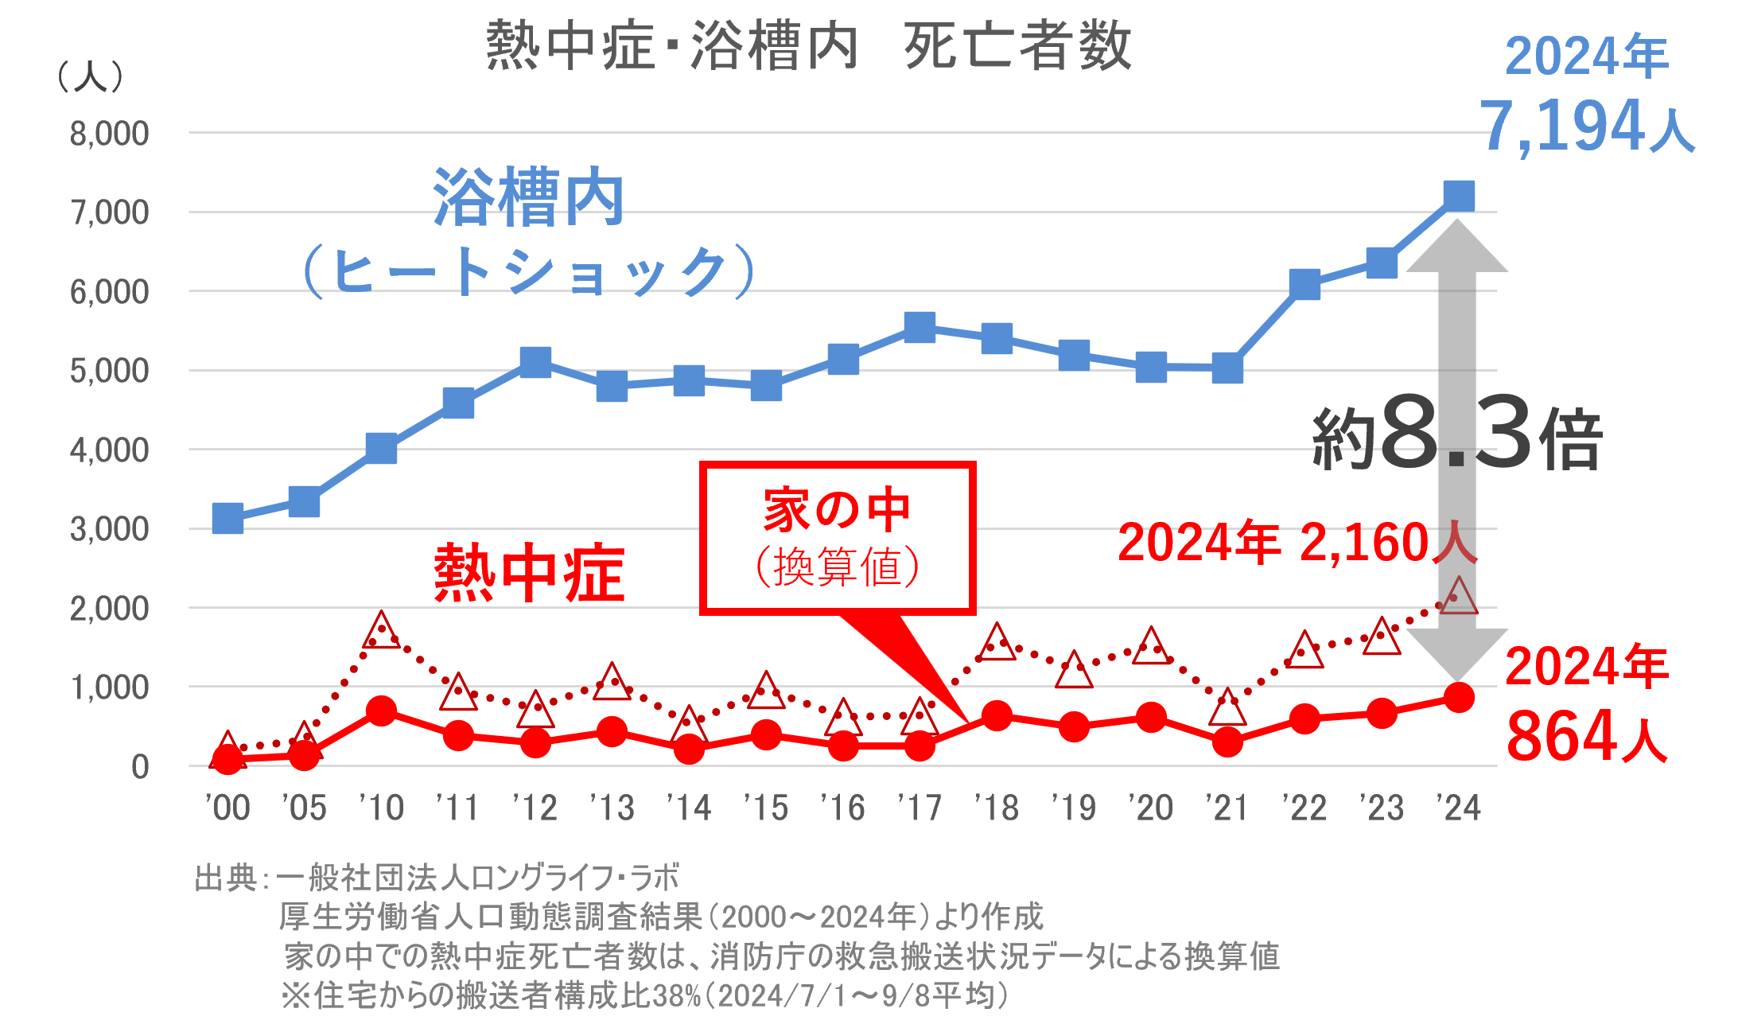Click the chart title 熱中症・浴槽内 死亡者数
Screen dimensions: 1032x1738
808,45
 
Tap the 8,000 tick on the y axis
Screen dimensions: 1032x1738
109,134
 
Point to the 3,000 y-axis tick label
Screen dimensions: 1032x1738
109,529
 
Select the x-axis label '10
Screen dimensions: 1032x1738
381,808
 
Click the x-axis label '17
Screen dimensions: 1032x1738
920,808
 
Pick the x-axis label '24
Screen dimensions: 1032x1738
1458,808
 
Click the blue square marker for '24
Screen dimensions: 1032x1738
1458,196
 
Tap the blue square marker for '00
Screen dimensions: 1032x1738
227,519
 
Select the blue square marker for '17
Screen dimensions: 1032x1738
920,327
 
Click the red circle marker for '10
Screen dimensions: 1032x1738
381,711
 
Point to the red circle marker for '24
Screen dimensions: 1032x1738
1458,698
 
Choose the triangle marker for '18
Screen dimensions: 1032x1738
997,643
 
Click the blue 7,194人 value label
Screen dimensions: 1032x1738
1587,126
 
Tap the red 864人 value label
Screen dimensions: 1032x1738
1587,737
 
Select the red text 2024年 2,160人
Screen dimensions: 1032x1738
1297,543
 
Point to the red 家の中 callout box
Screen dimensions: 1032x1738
838,538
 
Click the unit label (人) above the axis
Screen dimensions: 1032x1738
91,77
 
